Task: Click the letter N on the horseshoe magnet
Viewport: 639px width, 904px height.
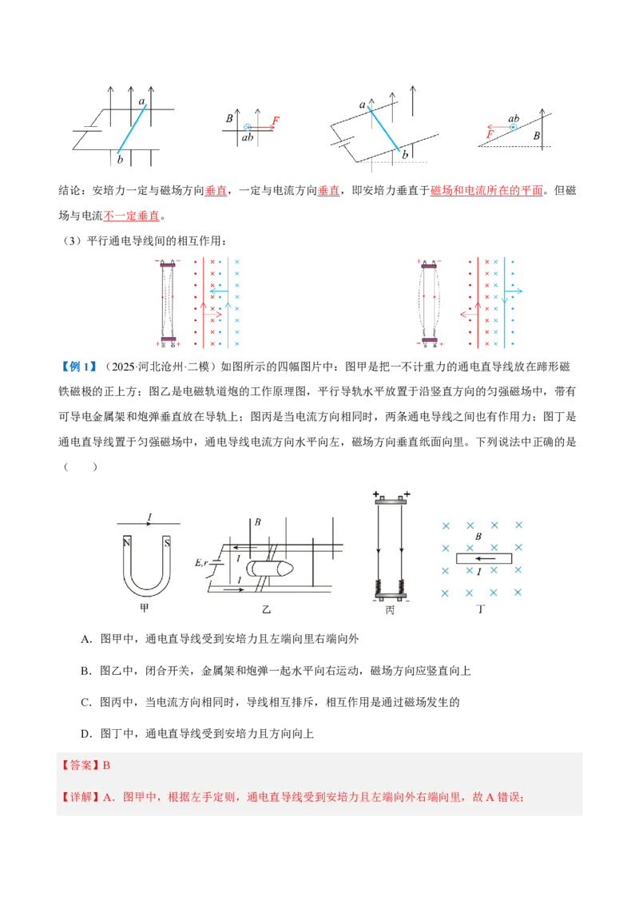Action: click(x=127, y=542)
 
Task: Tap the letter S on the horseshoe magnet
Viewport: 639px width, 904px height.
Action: click(x=167, y=542)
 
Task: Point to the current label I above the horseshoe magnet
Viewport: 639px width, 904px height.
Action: click(x=150, y=517)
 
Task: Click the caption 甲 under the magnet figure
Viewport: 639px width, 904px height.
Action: click(x=145, y=608)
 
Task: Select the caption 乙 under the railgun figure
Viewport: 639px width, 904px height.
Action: click(x=266, y=609)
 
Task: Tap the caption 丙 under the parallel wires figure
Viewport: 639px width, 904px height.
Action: click(x=391, y=609)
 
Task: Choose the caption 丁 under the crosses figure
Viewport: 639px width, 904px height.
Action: click(x=481, y=609)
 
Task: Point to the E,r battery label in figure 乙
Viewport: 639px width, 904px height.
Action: click(x=201, y=563)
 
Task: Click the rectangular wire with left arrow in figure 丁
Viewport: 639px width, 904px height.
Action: click(x=483, y=559)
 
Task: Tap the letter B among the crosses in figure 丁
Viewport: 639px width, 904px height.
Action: click(x=478, y=536)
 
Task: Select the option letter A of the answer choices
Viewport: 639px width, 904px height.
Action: click(x=86, y=639)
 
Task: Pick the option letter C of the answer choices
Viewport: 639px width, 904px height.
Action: click(x=86, y=702)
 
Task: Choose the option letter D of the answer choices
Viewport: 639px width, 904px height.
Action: click(x=86, y=734)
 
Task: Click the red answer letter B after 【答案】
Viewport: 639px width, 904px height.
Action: click(x=107, y=766)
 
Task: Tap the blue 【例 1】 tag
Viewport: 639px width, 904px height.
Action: click(x=78, y=367)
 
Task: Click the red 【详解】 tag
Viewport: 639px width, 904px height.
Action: click(x=80, y=797)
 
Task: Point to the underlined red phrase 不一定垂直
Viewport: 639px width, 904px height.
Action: click(x=132, y=216)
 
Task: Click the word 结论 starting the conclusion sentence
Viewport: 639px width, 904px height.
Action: click(x=69, y=190)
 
